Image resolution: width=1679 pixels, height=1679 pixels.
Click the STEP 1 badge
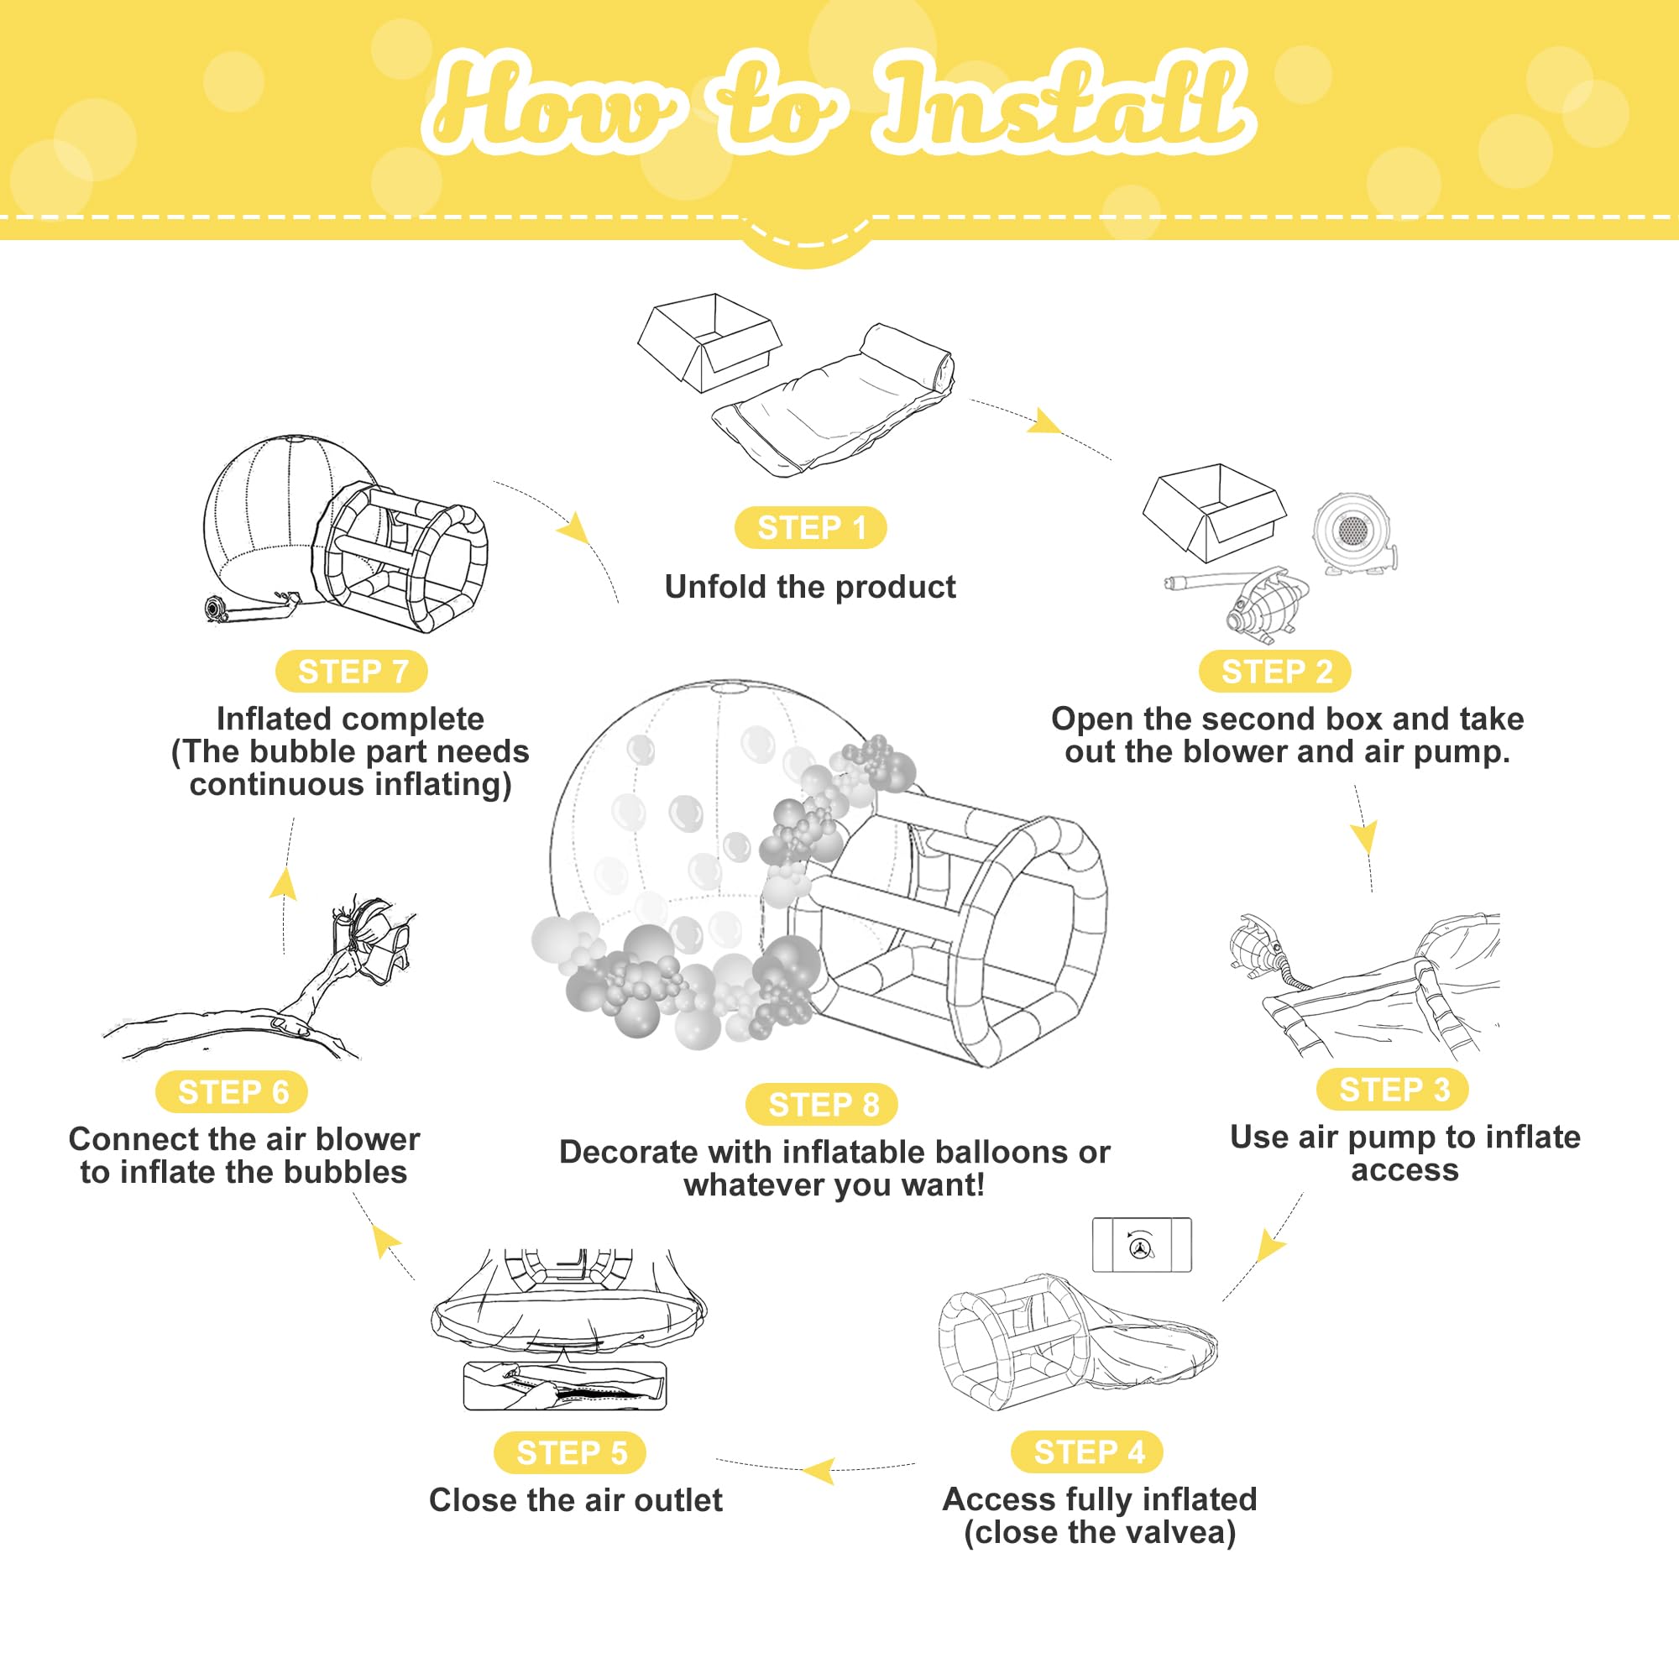click(x=810, y=527)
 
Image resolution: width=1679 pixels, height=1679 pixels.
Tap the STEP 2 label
click(x=1276, y=672)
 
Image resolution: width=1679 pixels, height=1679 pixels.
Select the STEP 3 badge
click(x=1393, y=1089)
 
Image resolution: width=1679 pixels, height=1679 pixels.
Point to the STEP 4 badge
click(x=1088, y=1451)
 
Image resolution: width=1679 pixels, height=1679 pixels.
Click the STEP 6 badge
click(x=232, y=1091)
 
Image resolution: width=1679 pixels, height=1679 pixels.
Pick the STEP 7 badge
click(x=352, y=672)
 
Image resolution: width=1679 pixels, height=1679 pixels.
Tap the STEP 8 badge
click(x=822, y=1105)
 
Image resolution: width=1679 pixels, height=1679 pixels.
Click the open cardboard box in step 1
click(x=709, y=342)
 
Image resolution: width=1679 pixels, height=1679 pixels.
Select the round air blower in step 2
click(x=1352, y=533)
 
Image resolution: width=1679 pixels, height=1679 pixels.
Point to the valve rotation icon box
click(x=1141, y=1245)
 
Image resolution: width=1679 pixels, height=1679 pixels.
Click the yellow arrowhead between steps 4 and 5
click(x=819, y=1472)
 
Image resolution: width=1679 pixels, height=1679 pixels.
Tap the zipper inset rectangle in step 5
click(x=565, y=1386)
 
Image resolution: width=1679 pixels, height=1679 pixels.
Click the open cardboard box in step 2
click(x=1213, y=511)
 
